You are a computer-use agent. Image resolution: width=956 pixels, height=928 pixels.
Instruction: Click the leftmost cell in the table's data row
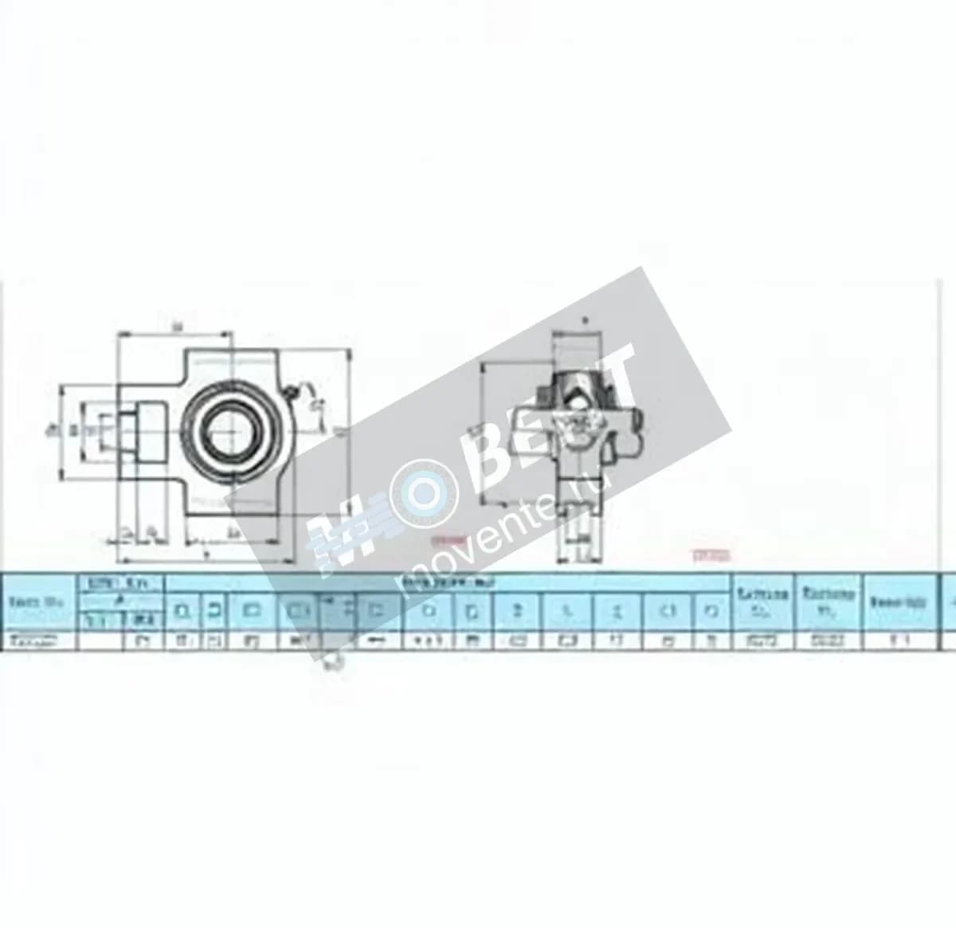pos(37,640)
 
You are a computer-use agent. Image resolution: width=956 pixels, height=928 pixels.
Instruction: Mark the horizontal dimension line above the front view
pos(175,333)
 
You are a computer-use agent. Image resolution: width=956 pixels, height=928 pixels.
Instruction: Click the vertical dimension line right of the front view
pos(347,434)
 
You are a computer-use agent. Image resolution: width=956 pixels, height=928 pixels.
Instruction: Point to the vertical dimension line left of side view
pos(484,434)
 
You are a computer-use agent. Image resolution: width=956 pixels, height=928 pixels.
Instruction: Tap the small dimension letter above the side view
pos(586,320)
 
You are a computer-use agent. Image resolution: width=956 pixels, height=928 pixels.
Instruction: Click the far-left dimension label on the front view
pos(49,431)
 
